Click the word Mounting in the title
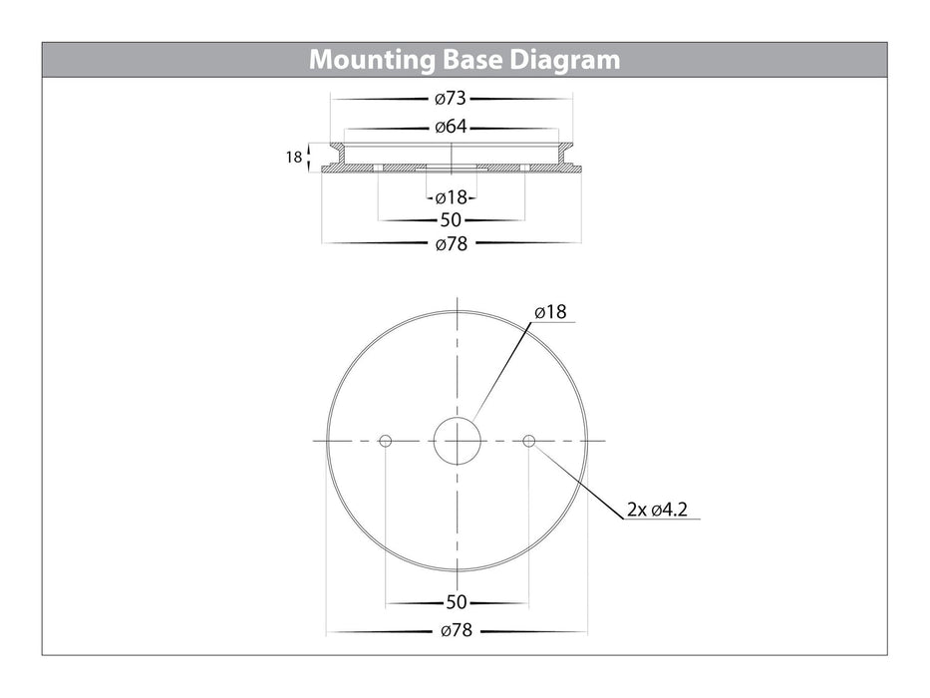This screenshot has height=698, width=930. click(x=371, y=60)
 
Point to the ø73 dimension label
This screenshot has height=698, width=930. click(x=452, y=99)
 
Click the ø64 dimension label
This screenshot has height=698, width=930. click(x=452, y=128)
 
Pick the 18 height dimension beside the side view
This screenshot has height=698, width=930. click(x=293, y=157)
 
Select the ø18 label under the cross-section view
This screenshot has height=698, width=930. click(x=451, y=197)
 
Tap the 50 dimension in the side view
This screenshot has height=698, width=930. click(x=451, y=220)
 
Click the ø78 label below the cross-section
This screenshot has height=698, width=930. click(x=452, y=244)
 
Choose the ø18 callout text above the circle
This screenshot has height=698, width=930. click(x=550, y=312)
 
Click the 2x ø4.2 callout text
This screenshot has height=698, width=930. click(x=658, y=511)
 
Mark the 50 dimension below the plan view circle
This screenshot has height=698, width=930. click(x=456, y=602)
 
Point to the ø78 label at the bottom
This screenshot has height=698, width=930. click(x=456, y=631)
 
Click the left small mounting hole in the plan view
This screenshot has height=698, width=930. click(x=385, y=441)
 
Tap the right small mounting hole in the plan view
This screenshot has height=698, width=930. click(x=528, y=441)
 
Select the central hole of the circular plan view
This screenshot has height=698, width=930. click(x=457, y=441)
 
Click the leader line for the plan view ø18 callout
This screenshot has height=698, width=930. click(x=503, y=370)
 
